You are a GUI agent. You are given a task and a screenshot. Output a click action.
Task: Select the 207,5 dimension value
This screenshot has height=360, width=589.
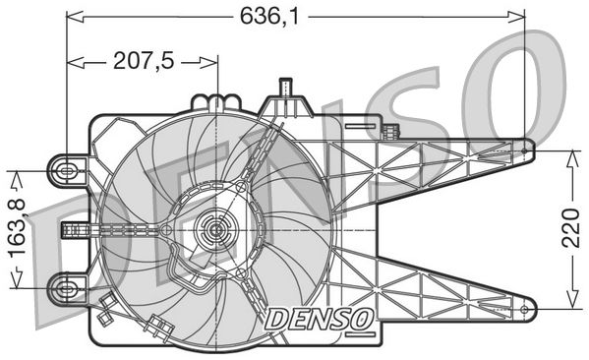pos(143,61)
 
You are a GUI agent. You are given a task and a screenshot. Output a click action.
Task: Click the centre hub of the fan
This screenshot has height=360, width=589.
pos(213,233)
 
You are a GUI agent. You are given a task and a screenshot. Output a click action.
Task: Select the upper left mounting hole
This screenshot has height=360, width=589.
pos(67,170)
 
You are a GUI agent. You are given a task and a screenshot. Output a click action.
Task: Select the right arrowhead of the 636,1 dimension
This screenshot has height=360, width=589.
pos(521,17)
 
